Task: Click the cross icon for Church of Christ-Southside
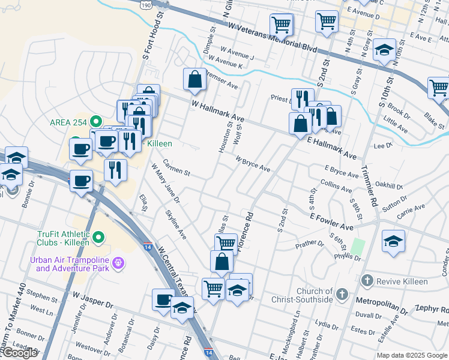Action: [342, 294]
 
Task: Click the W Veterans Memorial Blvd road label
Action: [273, 36]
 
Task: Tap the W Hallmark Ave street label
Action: [218, 111]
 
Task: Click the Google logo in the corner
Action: [19, 352]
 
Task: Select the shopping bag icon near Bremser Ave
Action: [194, 79]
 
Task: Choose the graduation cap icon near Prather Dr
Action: [393, 241]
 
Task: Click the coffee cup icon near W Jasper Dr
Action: [163, 299]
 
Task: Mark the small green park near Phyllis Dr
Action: [358, 246]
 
